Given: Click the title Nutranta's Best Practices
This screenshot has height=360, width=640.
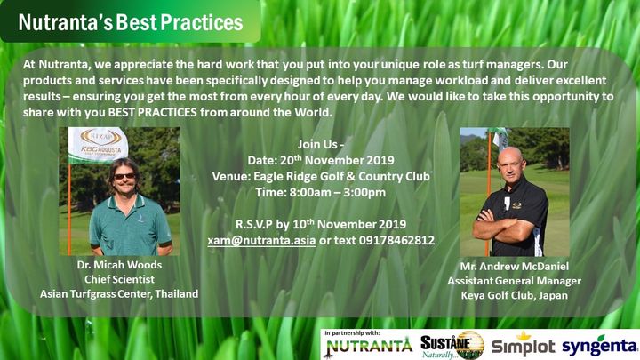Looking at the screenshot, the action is [131, 22].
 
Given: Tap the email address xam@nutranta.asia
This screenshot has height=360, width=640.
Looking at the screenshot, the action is [261, 240].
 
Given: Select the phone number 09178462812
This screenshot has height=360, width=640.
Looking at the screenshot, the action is [396, 240].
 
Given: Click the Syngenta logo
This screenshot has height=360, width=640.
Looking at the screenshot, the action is [600, 346].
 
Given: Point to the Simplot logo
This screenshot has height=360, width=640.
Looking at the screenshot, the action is [524, 345].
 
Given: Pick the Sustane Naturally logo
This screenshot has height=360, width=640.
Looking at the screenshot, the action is [452, 345].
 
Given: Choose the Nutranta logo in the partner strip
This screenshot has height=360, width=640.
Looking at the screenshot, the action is [368, 347].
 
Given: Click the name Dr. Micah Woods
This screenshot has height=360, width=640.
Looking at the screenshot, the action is [119, 265].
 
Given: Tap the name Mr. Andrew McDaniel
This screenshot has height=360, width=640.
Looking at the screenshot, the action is [515, 267].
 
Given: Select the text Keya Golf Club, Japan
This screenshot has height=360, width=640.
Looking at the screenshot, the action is [515, 295].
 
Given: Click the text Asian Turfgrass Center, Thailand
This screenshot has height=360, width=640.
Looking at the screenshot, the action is [119, 294].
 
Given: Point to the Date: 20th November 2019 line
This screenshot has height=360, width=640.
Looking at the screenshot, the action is [321, 160].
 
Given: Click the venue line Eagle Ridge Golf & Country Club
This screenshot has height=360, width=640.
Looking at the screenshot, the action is [321, 176].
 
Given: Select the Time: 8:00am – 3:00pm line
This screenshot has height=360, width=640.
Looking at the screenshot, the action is [321, 192].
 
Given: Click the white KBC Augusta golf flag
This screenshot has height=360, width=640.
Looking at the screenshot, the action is [98, 145].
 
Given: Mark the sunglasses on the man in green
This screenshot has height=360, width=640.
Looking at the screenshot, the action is [124, 176].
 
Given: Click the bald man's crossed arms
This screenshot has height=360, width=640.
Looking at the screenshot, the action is [503, 224].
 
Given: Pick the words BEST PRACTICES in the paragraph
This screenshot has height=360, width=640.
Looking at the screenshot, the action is [152, 113].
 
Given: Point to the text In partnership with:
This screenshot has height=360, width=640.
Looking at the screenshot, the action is [352, 333].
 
